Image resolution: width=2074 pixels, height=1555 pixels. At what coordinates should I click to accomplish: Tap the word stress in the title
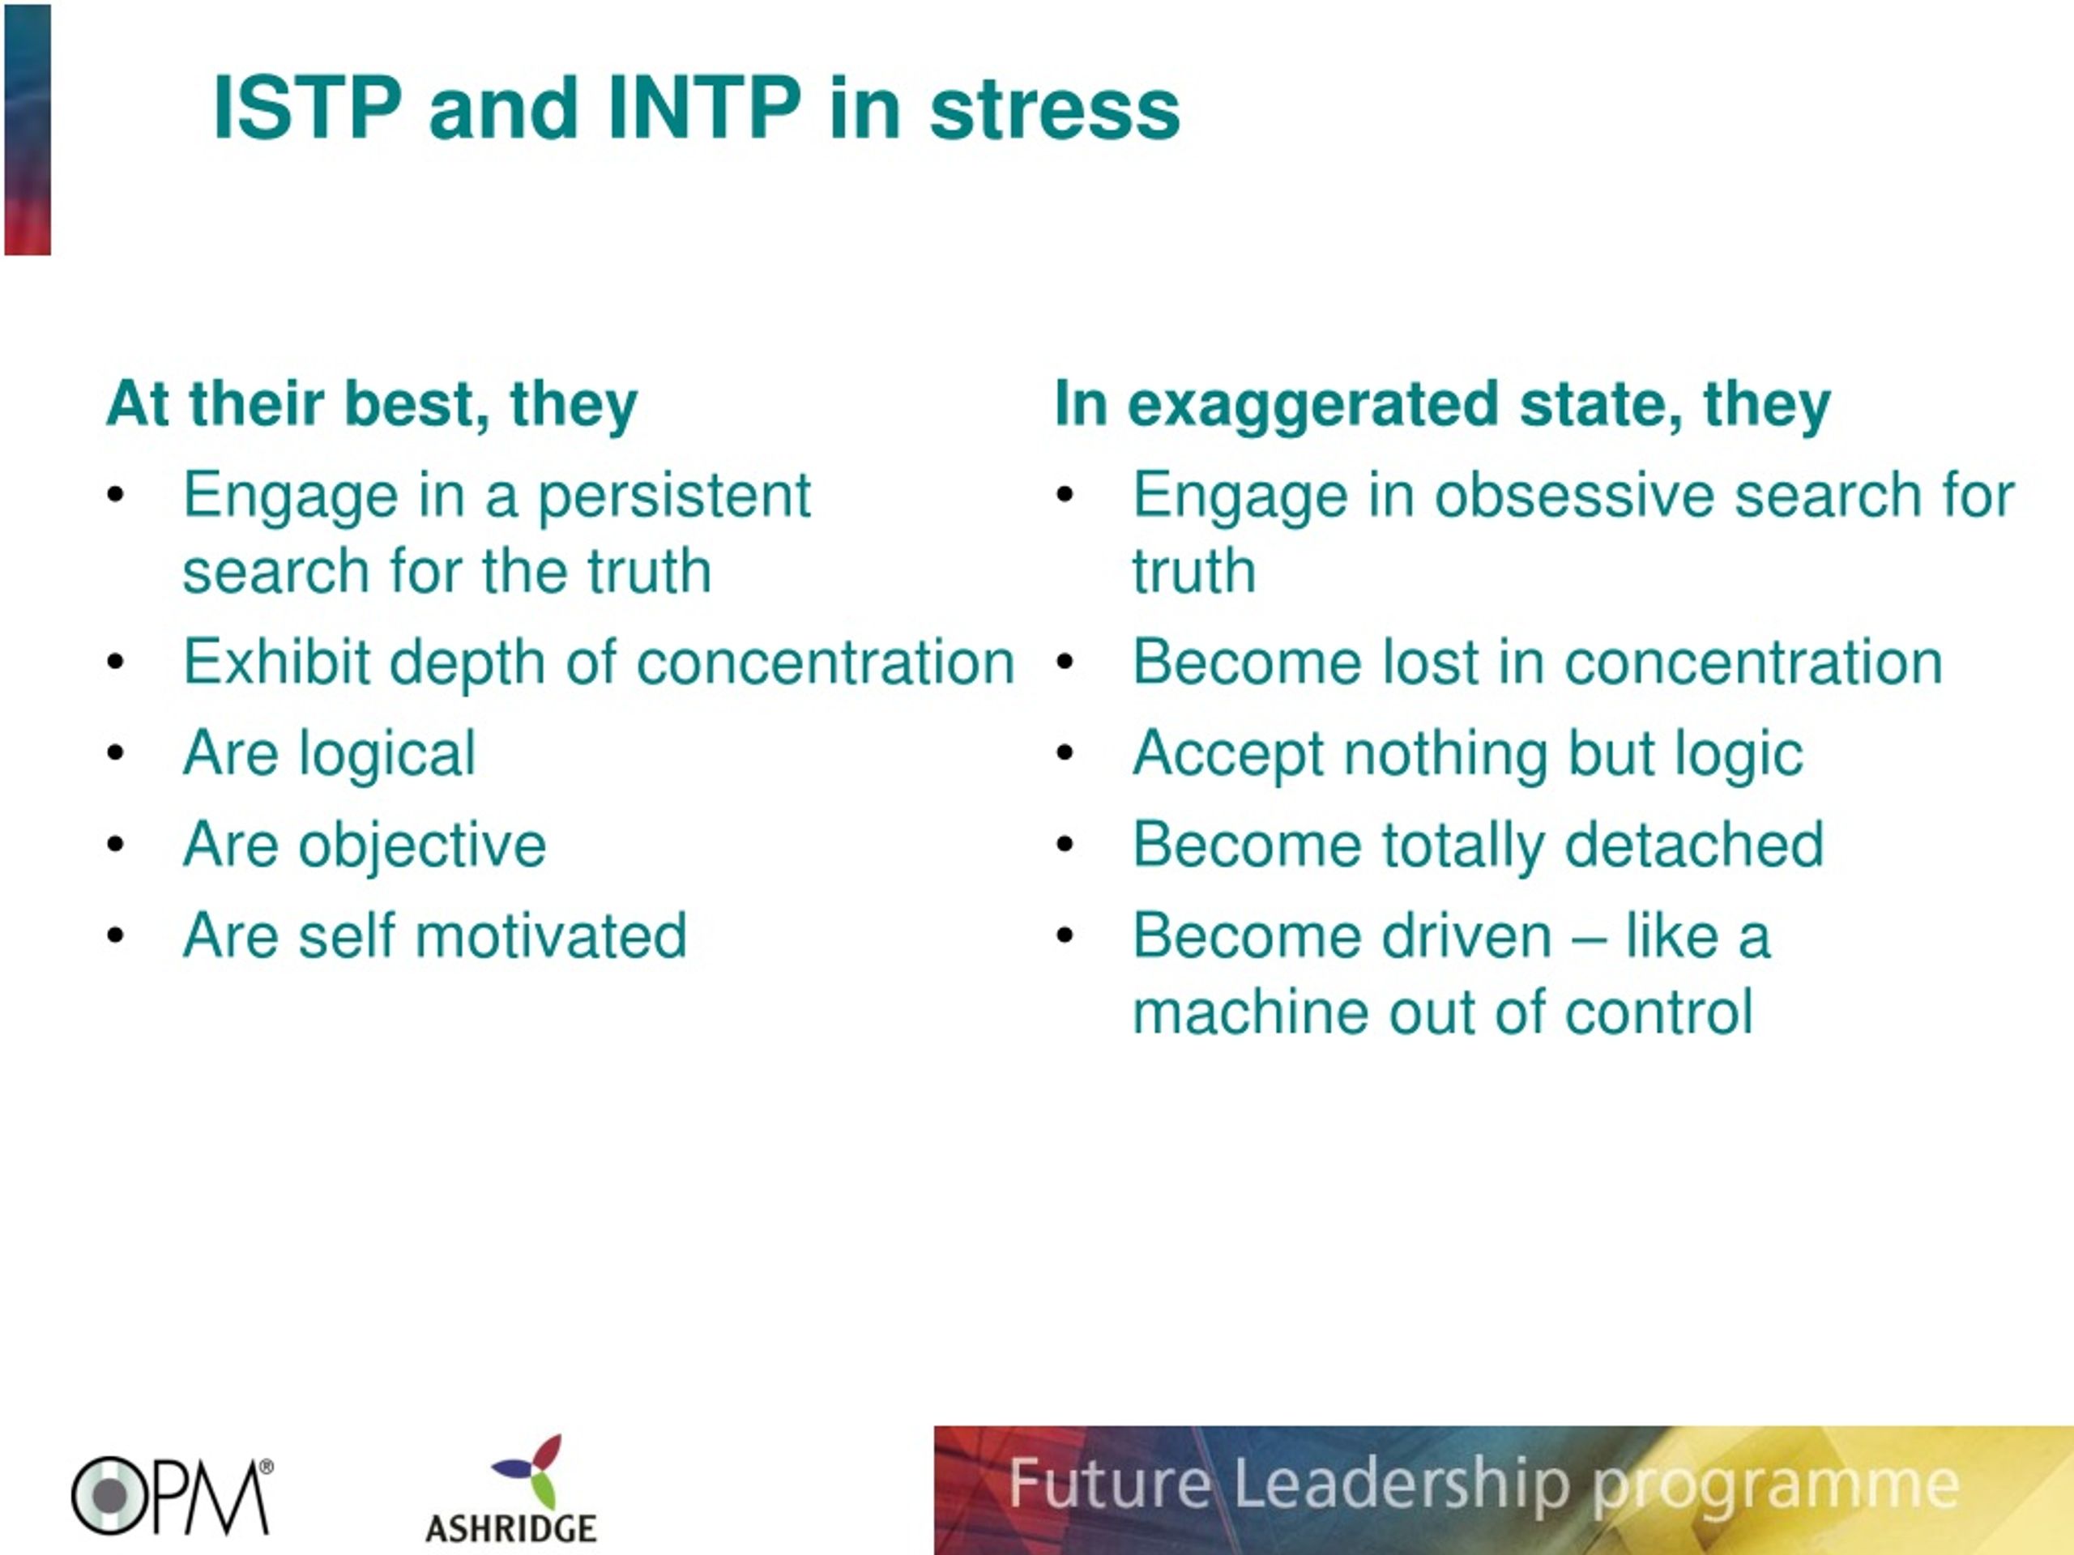pos(1055,109)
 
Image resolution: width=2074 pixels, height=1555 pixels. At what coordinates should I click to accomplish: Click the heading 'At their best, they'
pos(372,404)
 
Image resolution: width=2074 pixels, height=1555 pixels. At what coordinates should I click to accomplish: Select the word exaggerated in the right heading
pos(1312,405)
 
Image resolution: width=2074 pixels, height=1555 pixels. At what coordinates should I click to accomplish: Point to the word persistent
pos(674,495)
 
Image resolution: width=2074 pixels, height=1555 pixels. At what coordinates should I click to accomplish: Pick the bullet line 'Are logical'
pos(329,753)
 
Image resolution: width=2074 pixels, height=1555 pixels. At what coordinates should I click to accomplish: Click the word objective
pos(422,846)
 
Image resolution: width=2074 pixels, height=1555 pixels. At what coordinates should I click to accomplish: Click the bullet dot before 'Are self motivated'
pos(115,935)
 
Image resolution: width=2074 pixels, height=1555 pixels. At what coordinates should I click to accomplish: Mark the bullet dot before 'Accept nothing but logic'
pos(1065,752)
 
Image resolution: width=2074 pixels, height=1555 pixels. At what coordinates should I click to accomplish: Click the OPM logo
pos(172,1496)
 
